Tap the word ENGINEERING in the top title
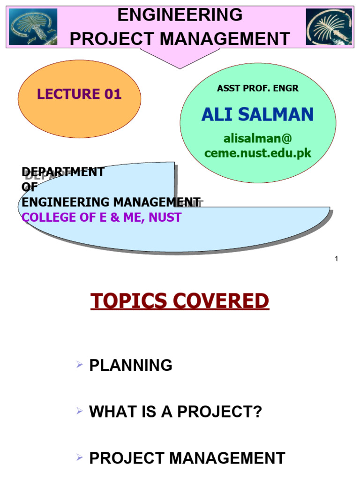coord(180,15)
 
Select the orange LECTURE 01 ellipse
coord(79,98)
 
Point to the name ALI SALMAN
coord(257,114)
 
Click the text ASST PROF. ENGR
coord(257,88)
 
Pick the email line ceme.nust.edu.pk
coord(257,153)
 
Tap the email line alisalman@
coord(257,139)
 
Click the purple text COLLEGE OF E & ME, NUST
coord(101,217)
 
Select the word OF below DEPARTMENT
coord(29,187)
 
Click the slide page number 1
coord(337,259)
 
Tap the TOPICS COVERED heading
coord(180,301)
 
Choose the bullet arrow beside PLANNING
coord(79,364)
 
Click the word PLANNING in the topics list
coord(131,365)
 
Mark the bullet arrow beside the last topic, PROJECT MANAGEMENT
coord(79,457)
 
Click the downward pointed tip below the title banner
coord(180,66)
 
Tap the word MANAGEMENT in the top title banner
coord(223,39)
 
